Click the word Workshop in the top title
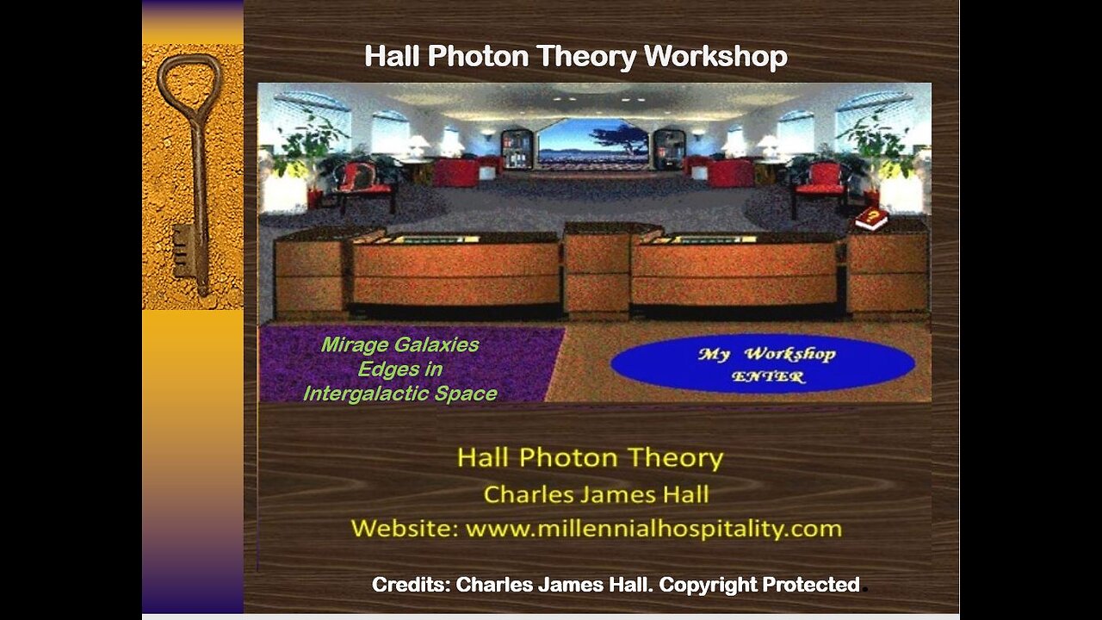coord(715,56)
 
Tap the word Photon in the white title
coord(479,56)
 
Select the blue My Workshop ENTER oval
coord(763,363)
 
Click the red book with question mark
coord(871,219)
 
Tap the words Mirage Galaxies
coord(400,344)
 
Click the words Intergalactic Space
coord(400,394)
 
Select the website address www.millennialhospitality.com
coord(653,529)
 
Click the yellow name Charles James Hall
coord(597,494)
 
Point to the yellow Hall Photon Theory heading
coord(591,457)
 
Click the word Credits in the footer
coord(411,585)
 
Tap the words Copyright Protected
coord(759,585)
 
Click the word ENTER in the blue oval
coord(768,377)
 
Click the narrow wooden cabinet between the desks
coord(597,270)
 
